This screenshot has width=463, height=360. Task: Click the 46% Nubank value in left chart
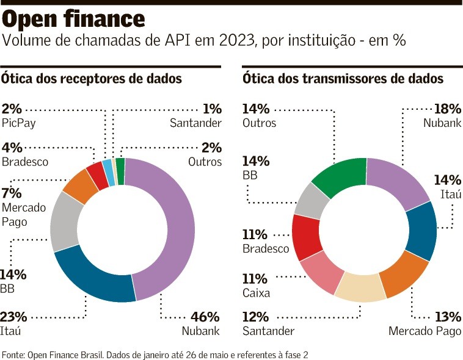tap(205, 317)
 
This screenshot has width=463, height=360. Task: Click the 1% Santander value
tap(212, 109)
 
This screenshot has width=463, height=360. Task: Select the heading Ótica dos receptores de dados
tap(92, 79)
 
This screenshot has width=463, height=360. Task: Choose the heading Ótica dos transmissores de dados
tap(343, 79)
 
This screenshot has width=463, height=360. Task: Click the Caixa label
tap(257, 293)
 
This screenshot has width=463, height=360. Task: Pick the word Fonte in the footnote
tap(13, 354)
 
